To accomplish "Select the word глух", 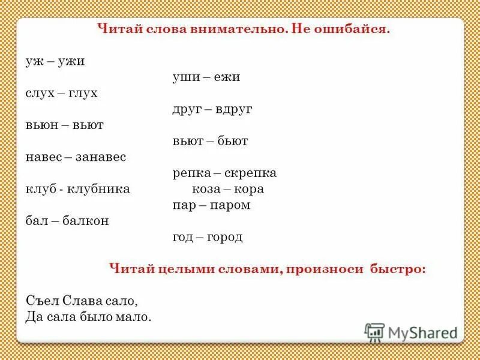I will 82,94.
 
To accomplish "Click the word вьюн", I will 42,125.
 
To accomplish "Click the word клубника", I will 100,189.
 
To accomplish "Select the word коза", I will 206,189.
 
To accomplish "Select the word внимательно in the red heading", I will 227,29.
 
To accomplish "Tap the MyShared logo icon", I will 374,331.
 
